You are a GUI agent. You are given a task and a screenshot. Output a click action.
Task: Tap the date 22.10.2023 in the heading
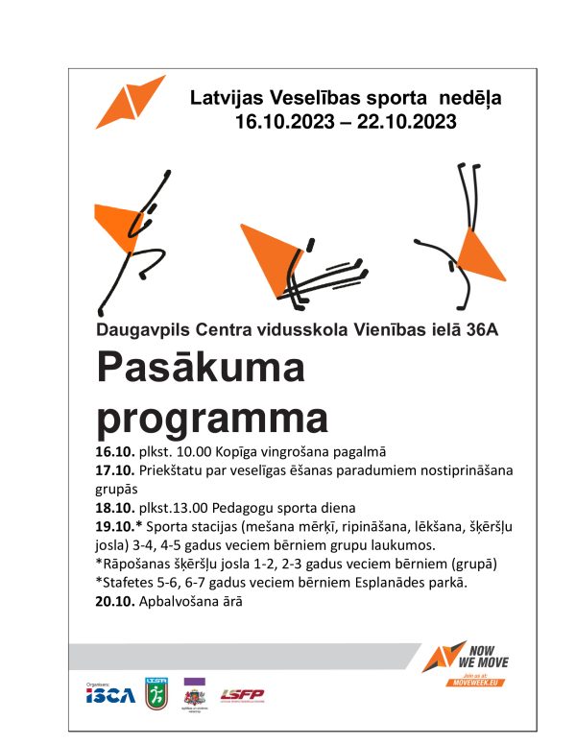coord(404,122)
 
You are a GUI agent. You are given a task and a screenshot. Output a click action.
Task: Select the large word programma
coord(211,418)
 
